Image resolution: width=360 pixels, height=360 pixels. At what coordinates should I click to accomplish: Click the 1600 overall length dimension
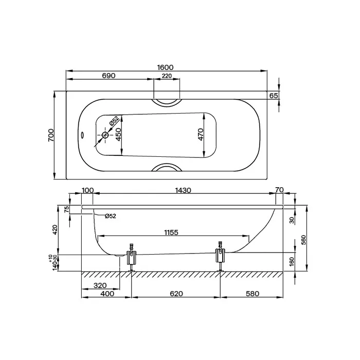coord(165,67)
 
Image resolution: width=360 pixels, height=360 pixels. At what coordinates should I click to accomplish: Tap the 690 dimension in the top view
coord(109,76)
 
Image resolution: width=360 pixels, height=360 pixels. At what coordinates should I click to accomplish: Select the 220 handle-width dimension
coord(167,76)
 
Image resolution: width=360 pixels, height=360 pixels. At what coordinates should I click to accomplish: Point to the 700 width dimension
coord(51,135)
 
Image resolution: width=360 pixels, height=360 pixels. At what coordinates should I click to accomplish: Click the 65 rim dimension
coord(274,96)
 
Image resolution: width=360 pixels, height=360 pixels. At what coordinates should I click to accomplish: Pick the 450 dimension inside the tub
coord(118,134)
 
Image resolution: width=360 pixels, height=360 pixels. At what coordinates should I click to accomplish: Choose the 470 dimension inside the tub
coord(200,135)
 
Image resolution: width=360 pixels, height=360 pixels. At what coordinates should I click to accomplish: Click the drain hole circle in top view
coord(105,135)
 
